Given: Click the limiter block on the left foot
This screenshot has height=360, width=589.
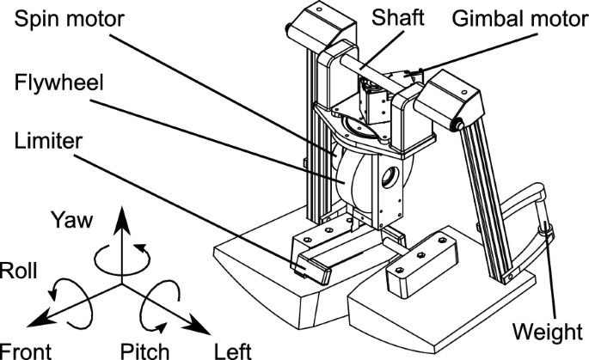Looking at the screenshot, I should click(309, 269).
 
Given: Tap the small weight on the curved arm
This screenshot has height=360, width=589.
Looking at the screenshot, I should click(544, 229).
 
